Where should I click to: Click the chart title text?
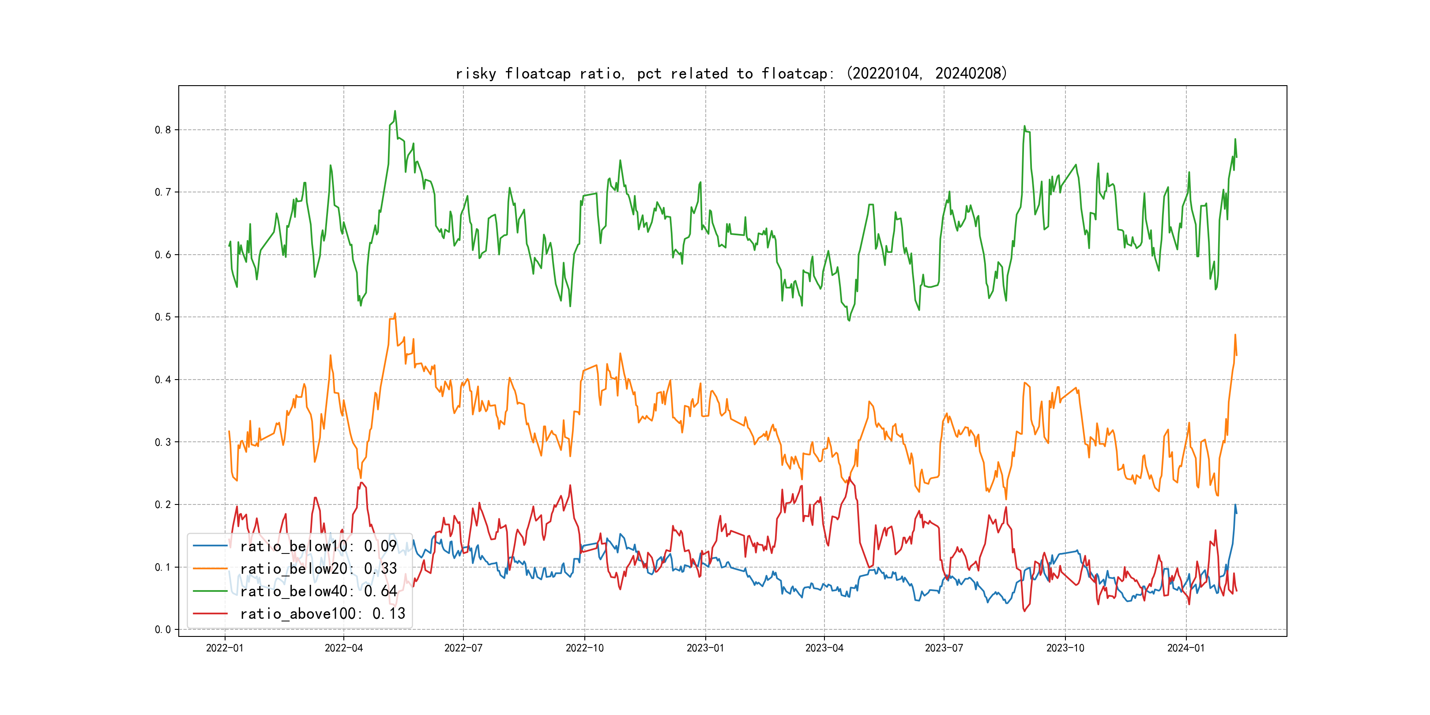click(731, 73)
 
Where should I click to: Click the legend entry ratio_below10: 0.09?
click(318, 546)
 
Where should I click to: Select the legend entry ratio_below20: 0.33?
click(318, 568)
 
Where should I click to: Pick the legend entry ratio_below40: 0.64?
click(318, 591)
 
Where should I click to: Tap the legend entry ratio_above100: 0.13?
click(322, 613)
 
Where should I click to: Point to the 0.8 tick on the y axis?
click(163, 130)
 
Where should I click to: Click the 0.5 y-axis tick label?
click(163, 317)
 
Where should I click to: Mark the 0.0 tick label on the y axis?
click(163, 629)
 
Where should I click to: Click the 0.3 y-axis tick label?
click(163, 442)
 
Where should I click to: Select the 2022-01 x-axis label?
click(225, 648)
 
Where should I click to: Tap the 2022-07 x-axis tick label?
click(463, 648)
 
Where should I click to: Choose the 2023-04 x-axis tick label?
click(824, 648)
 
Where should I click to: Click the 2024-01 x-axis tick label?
click(1186, 648)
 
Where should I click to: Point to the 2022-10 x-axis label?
click(584, 648)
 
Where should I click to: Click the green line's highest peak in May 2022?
click(395, 111)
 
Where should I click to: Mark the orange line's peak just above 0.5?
click(395, 314)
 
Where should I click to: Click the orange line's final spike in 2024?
click(1235, 335)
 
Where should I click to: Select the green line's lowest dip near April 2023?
click(849, 320)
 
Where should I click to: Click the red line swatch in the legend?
click(211, 613)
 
